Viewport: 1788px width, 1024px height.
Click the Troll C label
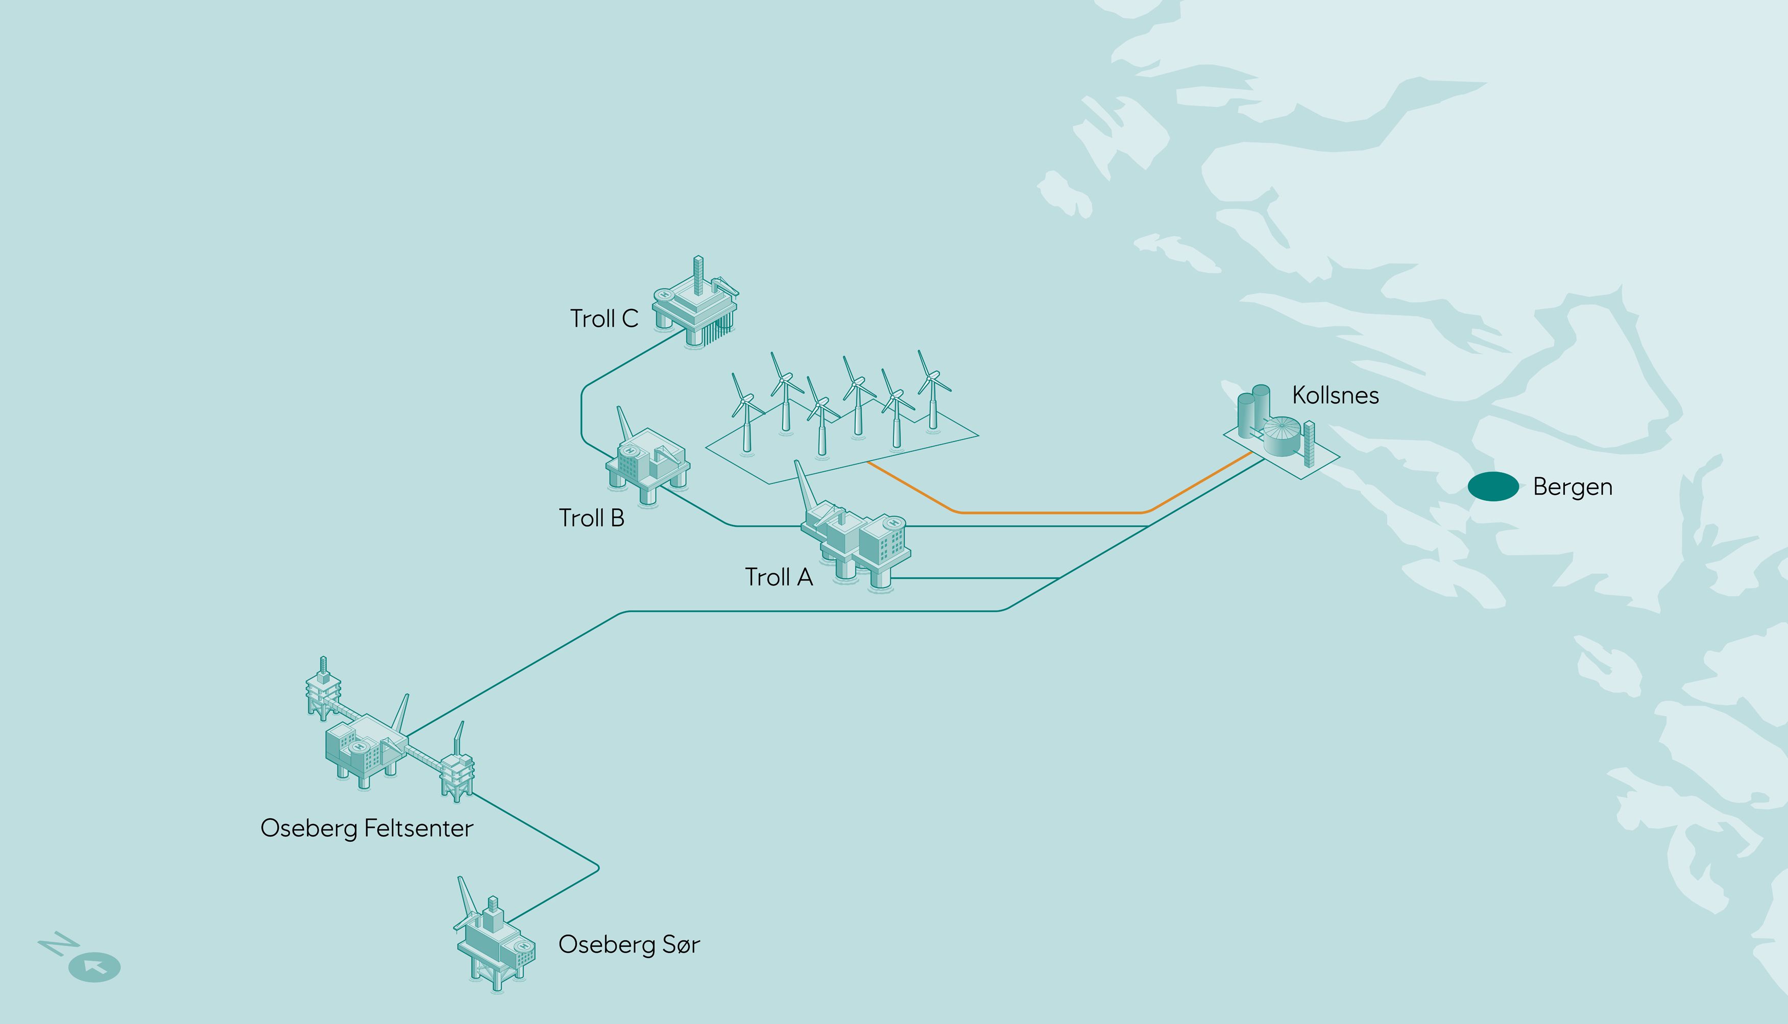coord(603,319)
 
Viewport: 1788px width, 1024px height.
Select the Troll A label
coord(778,577)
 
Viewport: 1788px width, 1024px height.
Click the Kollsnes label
coord(1335,395)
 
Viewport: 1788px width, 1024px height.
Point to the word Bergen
coord(1572,486)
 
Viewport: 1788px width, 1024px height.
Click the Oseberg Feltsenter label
coord(367,828)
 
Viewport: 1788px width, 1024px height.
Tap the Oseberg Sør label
coord(629,944)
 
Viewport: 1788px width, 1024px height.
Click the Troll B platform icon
coord(647,460)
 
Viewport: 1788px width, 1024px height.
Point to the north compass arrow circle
coord(94,967)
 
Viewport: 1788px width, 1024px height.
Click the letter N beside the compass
coord(57,944)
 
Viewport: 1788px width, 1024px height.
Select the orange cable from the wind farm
coord(1055,513)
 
